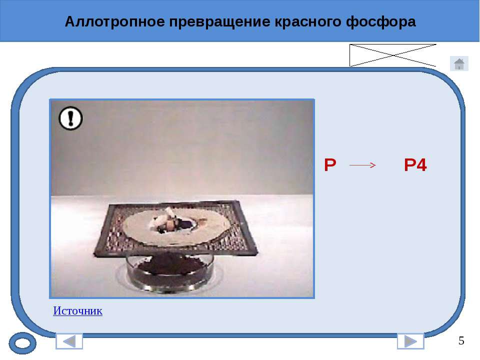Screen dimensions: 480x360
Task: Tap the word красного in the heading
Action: (307, 22)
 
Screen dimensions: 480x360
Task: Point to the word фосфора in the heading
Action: (381, 22)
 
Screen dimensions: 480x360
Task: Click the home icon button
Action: (459, 63)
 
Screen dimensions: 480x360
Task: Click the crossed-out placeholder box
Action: (393, 55)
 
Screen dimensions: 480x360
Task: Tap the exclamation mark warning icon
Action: (70, 118)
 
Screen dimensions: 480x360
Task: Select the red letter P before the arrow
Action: (330, 165)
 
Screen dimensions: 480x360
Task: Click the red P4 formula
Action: (415, 165)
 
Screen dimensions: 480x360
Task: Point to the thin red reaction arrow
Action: (363, 165)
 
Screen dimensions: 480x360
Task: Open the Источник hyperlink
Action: (78, 310)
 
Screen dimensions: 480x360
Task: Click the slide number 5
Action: (461, 340)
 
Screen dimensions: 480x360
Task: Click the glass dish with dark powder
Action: (170, 271)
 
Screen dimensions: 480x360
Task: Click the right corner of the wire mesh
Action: (256, 252)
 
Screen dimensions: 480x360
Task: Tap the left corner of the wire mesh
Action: (94, 253)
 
